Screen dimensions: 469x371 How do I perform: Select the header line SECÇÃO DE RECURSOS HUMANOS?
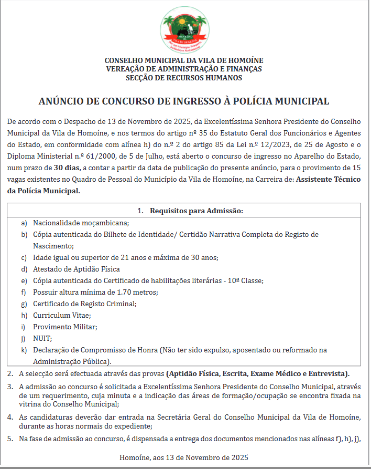click(x=184, y=78)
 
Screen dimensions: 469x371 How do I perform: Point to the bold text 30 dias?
click(x=67, y=168)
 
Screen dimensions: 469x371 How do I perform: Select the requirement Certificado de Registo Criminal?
click(x=84, y=304)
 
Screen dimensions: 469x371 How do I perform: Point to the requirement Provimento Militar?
click(x=65, y=327)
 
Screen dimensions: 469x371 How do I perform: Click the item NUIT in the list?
click(x=42, y=338)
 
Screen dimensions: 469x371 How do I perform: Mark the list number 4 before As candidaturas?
click(x=10, y=417)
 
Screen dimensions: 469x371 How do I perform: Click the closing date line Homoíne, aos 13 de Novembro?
click(x=183, y=457)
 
